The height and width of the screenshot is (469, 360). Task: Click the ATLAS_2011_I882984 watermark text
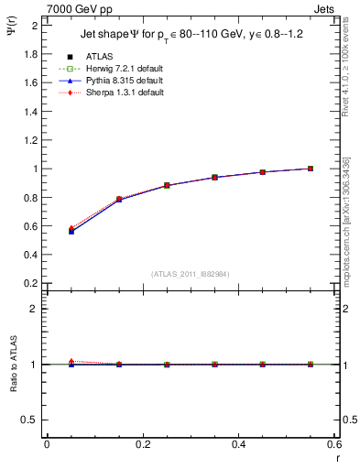(x=191, y=274)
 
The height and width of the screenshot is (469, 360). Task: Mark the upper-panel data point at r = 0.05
(x=71, y=231)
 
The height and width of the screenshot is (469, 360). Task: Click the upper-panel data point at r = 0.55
(x=311, y=169)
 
